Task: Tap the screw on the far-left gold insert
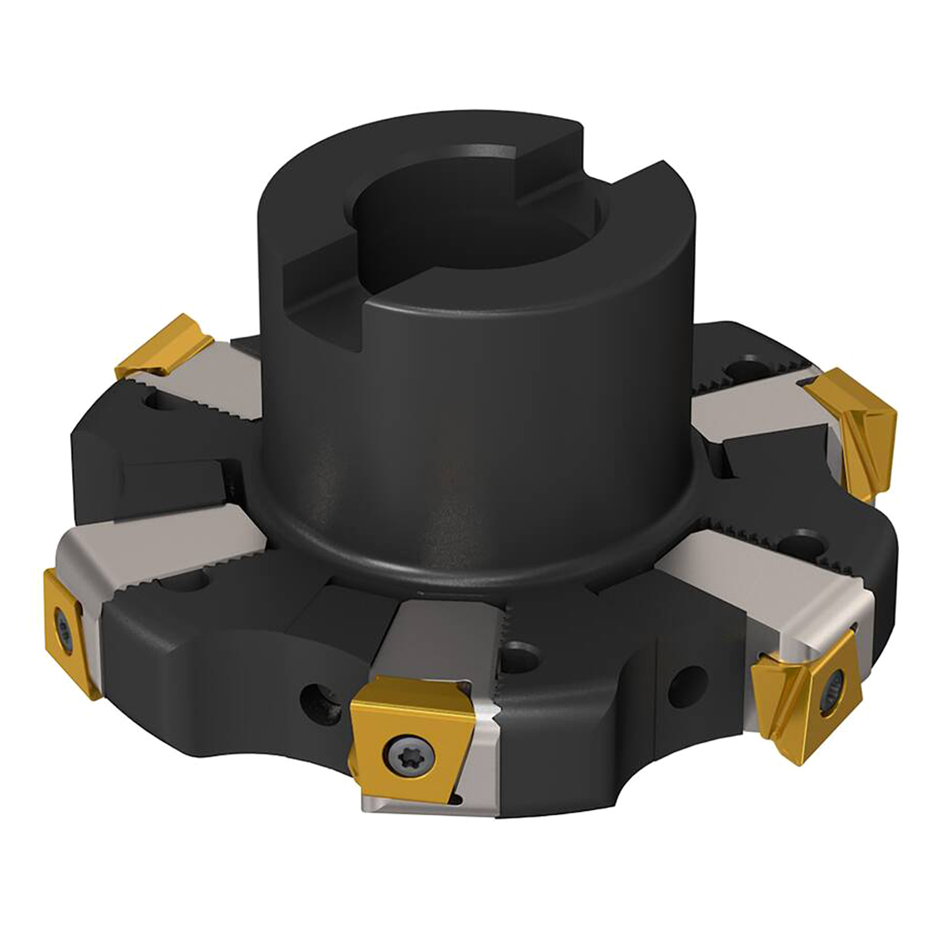(63, 626)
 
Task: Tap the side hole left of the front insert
(318, 700)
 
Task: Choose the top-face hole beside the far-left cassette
(191, 582)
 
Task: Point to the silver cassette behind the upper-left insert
(211, 385)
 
